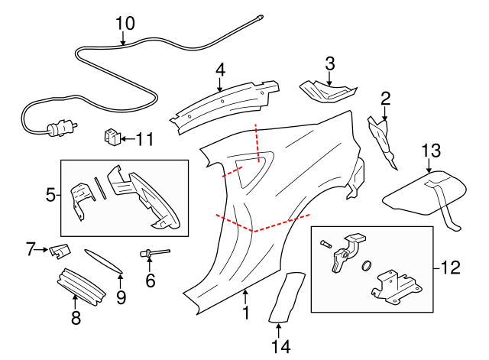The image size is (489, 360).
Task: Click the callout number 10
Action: pyautogui.click(x=125, y=23)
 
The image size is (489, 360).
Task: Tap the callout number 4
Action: pyautogui.click(x=220, y=70)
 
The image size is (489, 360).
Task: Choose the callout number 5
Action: pyautogui.click(x=50, y=194)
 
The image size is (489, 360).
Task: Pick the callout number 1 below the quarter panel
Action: pyautogui.click(x=245, y=313)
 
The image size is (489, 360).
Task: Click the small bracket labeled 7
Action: pyautogui.click(x=60, y=249)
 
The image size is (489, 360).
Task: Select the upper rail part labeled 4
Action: pyautogui.click(x=222, y=101)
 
